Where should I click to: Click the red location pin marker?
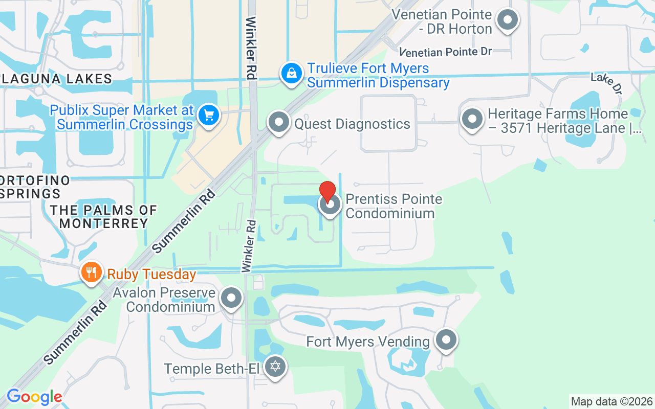pyautogui.click(x=327, y=191)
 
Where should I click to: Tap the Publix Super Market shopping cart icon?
pyautogui.click(x=209, y=115)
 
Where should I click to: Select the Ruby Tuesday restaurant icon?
pyautogui.click(x=92, y=272)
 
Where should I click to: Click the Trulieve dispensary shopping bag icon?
pyautogui.click(x=291, y=73)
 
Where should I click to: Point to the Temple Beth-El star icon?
pyautogui.click(x=275, y=367)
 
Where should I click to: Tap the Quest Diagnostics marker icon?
pyautogui.click(x=279, y=122)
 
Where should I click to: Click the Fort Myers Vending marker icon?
pyautogui.click(x=446, y=339)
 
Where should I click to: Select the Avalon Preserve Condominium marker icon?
pyautogui.click(x=231, y=298)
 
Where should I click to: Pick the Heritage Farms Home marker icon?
pyautogui.click(x=472, y=119)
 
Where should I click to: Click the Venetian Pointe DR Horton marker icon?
pyautogui.click(x=508, y=20)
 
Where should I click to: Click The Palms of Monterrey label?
pyautogui.click(x=104, y=217)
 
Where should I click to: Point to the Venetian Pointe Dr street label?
pyautogui.click(x=446, y=52)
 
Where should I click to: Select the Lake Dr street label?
pyautogui.click(x=607, y=83)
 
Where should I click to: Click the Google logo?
pyautogui.click(x=34, y=397)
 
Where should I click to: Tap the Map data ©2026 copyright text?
pyautogui.click(x=612, y=401)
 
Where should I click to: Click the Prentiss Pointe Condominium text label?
pyautogui.click(x=394, y=206)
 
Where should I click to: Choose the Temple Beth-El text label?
pyautogui.click(x=212, y=369)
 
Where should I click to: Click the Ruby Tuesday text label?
pyautogui.click(x=151, y=274)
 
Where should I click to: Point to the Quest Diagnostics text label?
pyautogui.click(x=352, y=124)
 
